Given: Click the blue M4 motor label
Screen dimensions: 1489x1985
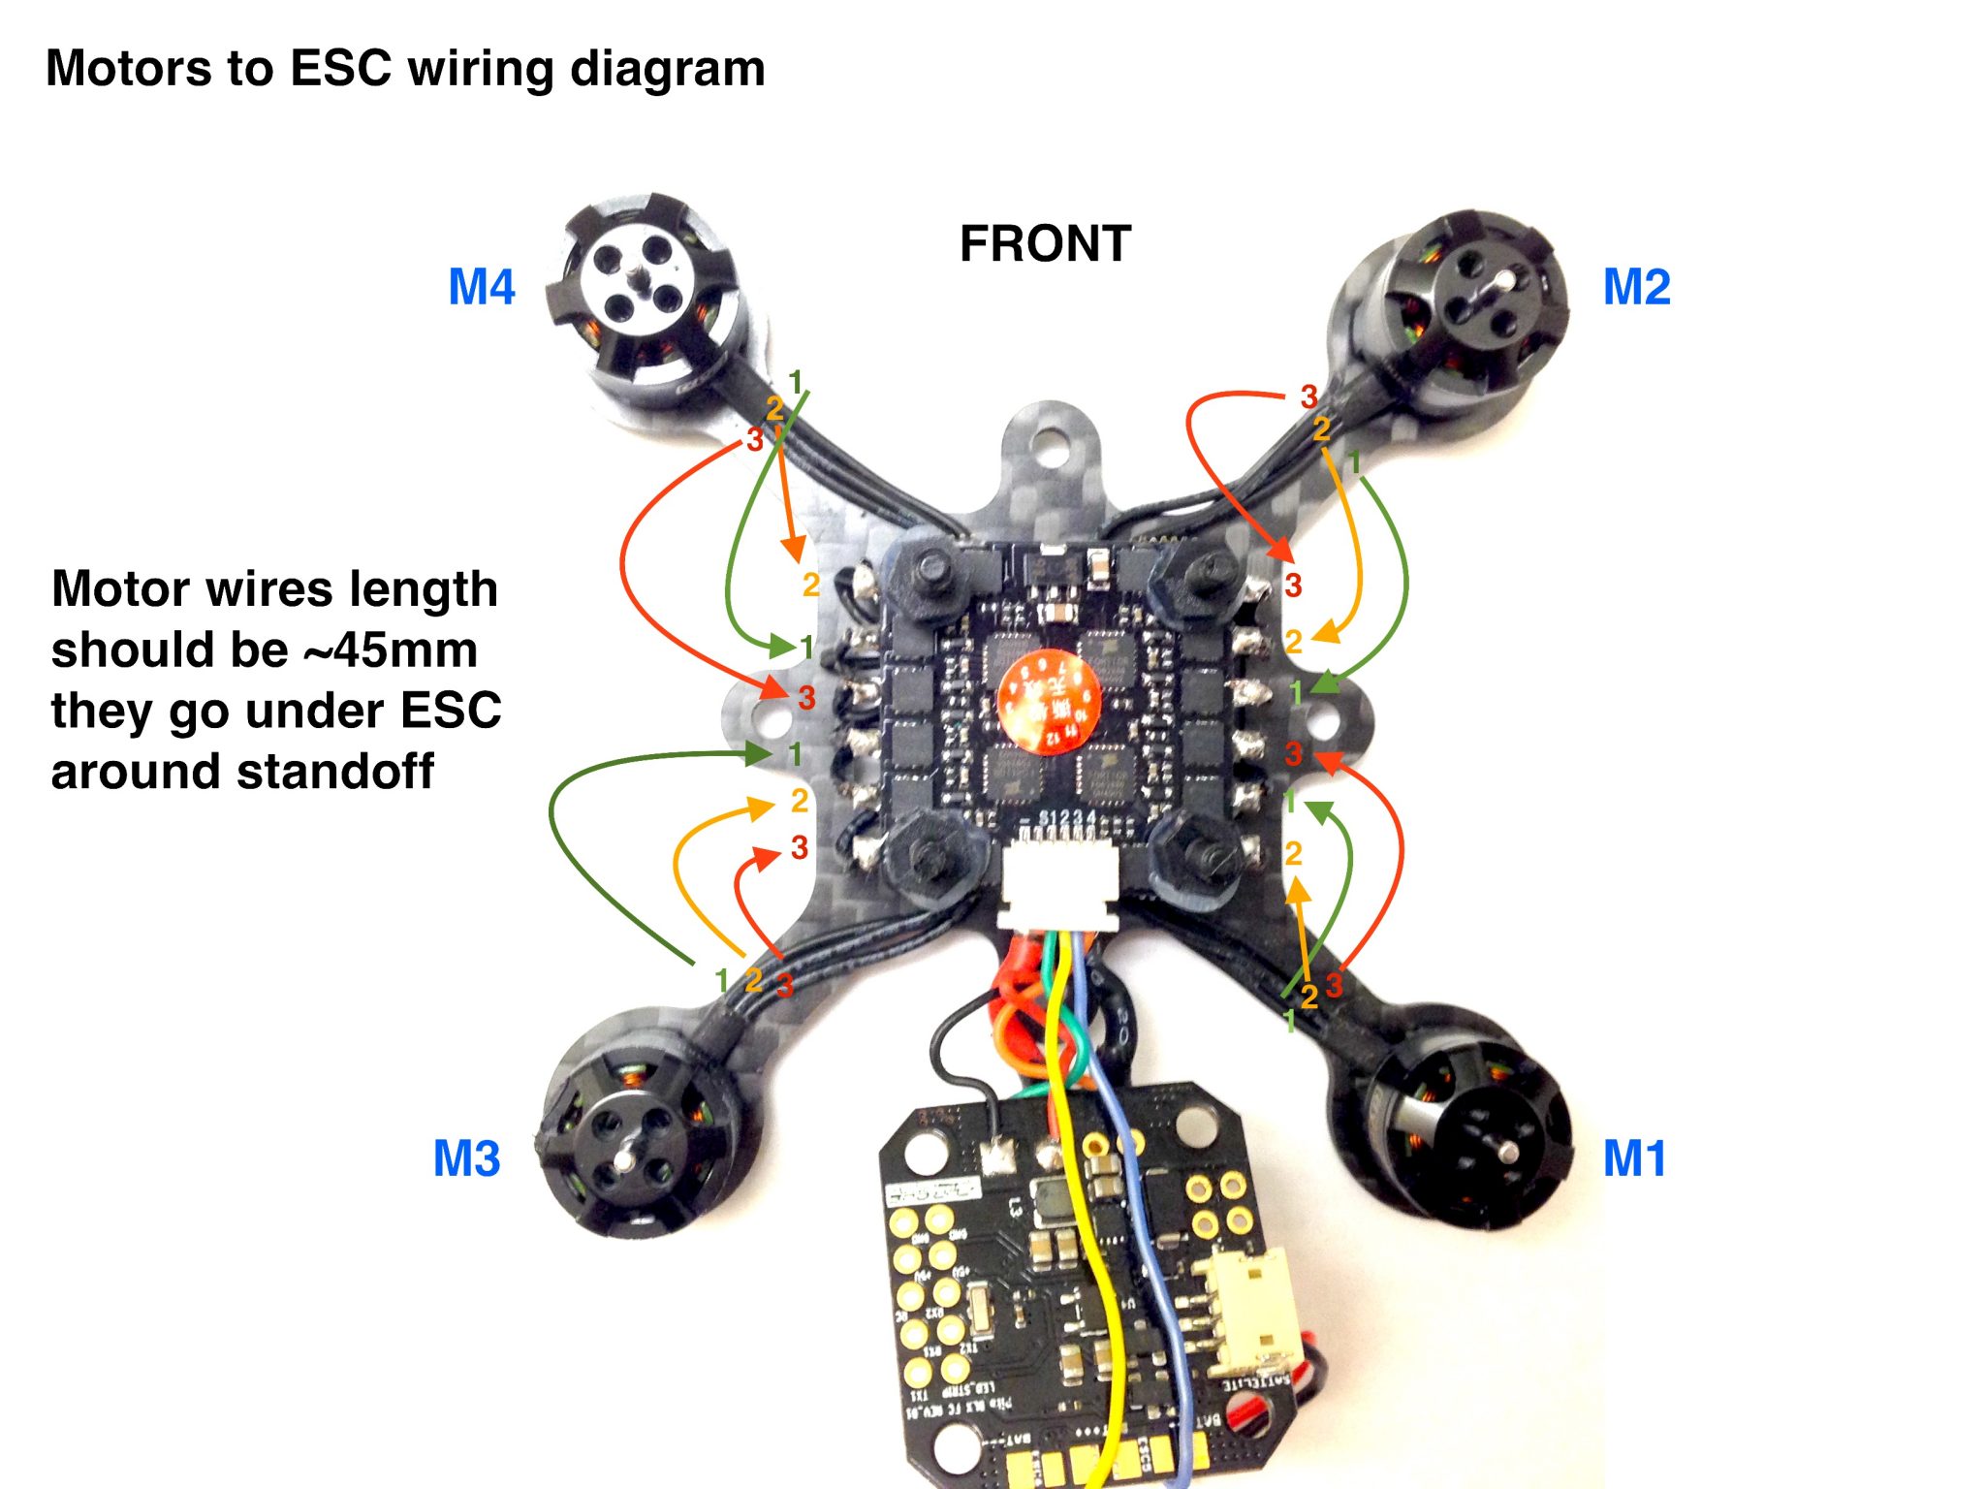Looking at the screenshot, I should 482,288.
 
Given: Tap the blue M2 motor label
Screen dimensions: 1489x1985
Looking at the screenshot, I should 1636,288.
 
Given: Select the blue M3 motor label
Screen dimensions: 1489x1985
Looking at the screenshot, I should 466,1158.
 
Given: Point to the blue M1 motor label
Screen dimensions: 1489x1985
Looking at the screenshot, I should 1634,1158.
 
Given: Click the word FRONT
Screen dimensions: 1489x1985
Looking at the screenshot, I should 1045,244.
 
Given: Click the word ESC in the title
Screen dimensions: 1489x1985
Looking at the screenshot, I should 339,69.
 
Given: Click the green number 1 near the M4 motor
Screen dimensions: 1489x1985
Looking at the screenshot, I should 796,383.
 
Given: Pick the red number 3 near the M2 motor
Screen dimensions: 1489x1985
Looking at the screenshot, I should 1308,396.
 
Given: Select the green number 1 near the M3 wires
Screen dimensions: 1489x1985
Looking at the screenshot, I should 721,980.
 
